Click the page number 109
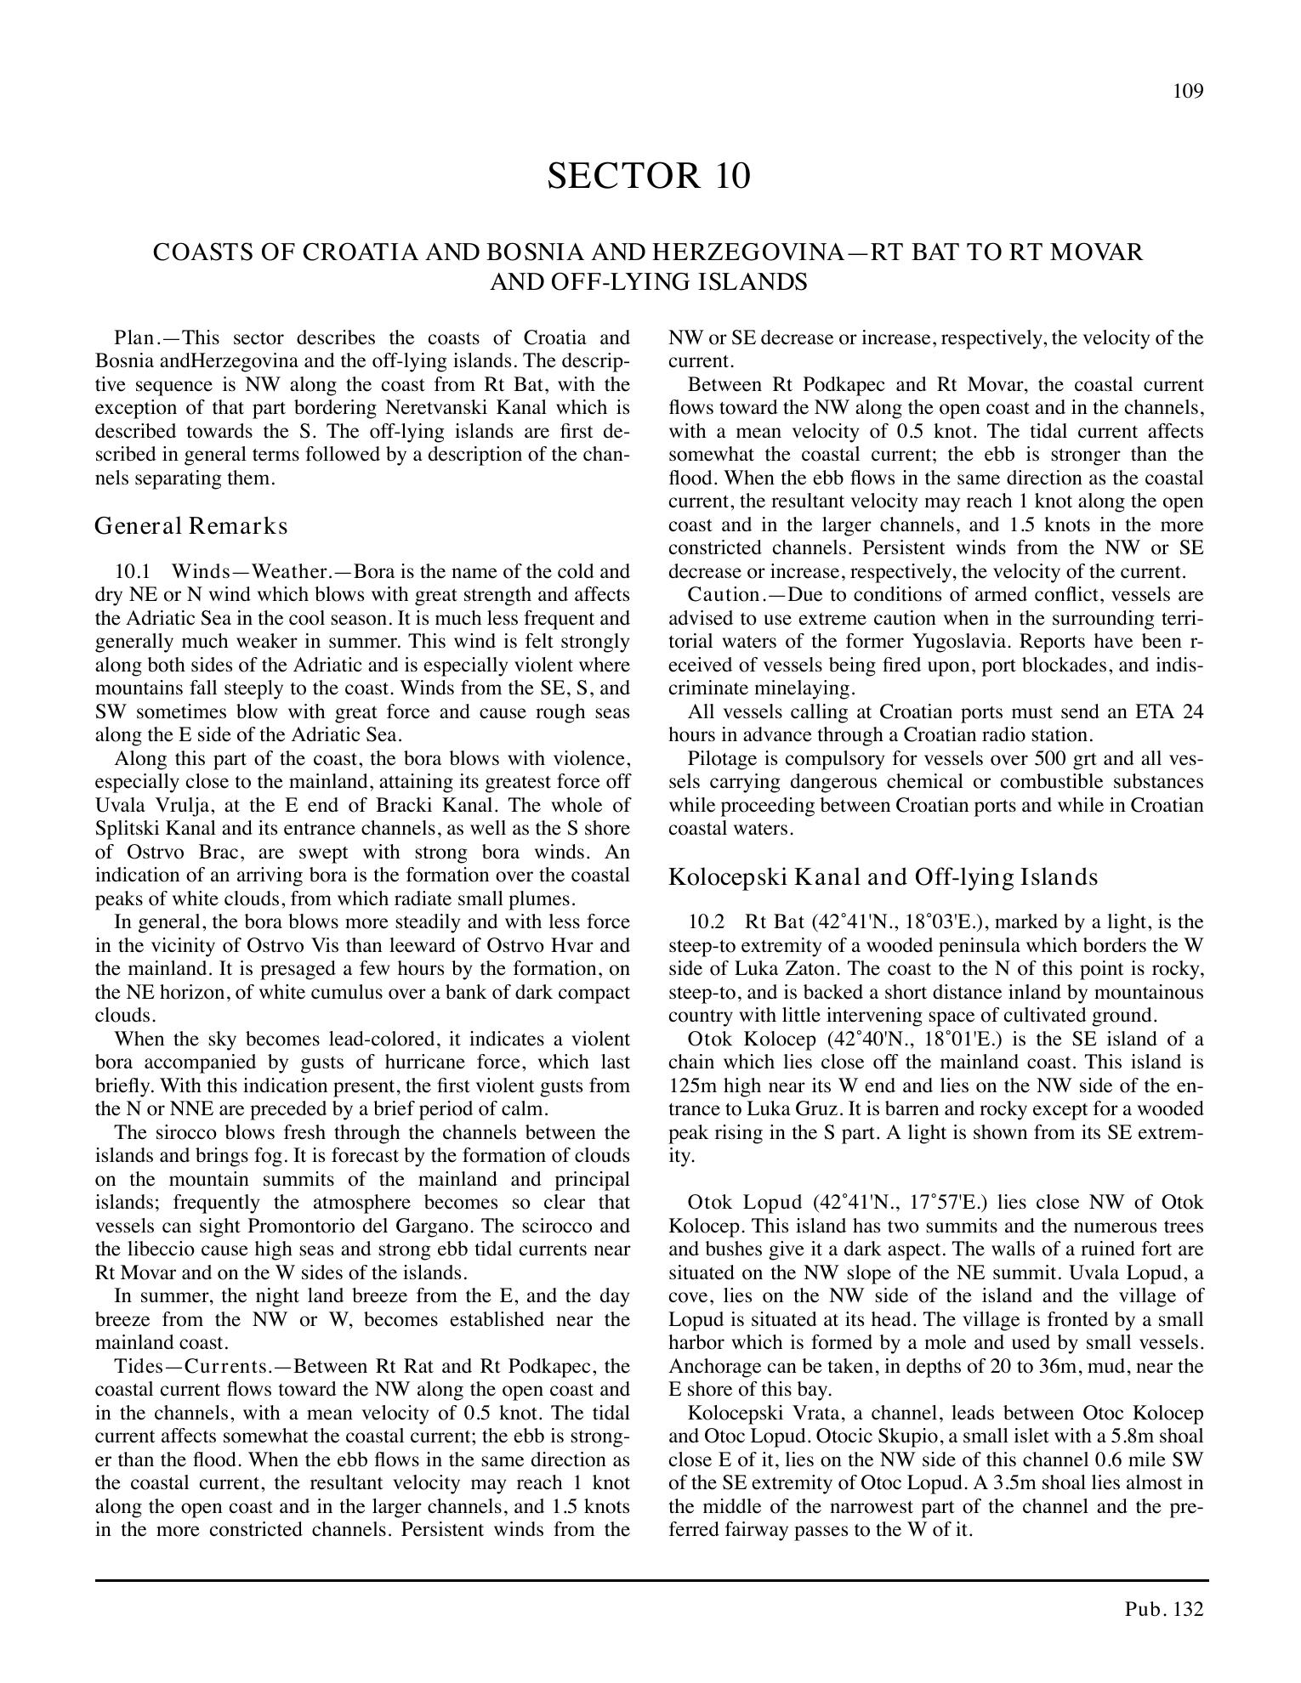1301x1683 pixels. pyautogui.click(x=1188, y=92)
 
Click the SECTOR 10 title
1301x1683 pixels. pyautogui.click(x=649, y=176)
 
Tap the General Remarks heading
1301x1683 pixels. pyautogui.click(x=190, y=526)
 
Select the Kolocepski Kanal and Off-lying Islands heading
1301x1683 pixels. pyautogui.click(x=883, y=877)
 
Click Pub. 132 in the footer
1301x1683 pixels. pyautogui.click(x=1163, y=1608)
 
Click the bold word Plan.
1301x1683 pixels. pyautogui.click(x=134, y=338)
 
